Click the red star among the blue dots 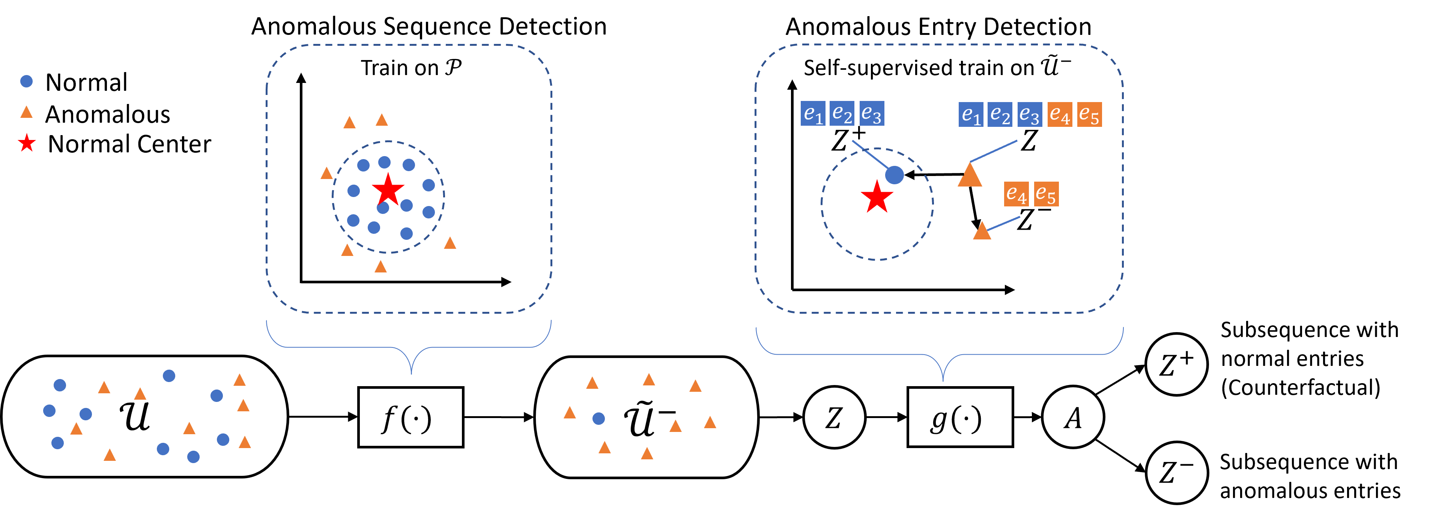point(388,190)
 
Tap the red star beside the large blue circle point(877,197)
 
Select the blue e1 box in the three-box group point(813,113)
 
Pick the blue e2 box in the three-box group point(842,113)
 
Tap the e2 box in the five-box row point(1000,115)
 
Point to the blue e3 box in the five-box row point(1030,115)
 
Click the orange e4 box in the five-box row point(1060,115)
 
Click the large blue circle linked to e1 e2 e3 point(894,175)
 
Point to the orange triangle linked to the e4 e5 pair point(982,232)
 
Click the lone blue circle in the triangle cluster point(598,418)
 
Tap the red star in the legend point(27,143)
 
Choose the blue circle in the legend point(26,81)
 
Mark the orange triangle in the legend point(26,113)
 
